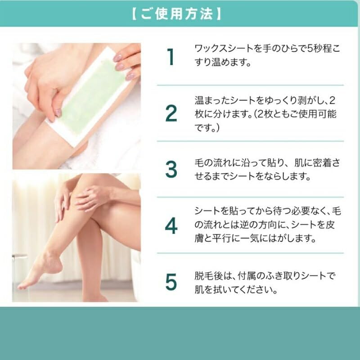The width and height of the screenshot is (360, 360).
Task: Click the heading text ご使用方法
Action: click(176, 14)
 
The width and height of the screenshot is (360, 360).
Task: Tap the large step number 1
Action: click(171, 57)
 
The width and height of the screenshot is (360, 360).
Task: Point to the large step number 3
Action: click(171, 169)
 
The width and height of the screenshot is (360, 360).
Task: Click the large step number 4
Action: click(171, 226)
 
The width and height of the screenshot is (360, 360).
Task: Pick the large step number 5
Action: click(171, 282)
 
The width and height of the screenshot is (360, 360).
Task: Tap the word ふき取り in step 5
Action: click(283, 276)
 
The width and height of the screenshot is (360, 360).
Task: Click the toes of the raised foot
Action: click(22, 286)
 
